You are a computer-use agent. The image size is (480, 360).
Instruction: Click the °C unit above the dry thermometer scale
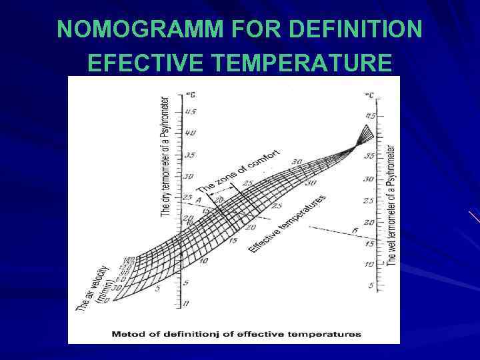tap(190, 93)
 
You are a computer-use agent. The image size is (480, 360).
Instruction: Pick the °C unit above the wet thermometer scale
tap(369, 95)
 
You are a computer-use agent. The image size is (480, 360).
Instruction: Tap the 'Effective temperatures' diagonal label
tap(287, 223)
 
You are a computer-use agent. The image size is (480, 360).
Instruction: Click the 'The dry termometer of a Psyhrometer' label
tap(165, 156)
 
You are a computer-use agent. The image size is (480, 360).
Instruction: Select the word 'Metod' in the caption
tap(125, 334)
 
